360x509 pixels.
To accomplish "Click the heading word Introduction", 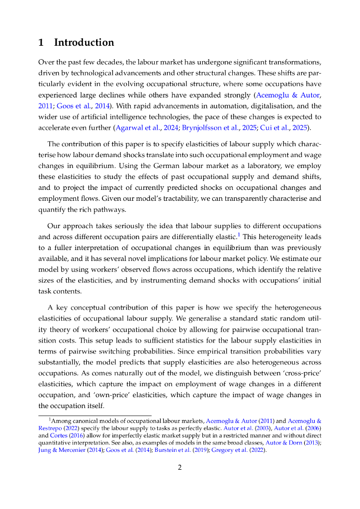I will point(84,42).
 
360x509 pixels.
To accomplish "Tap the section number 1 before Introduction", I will point(41,42).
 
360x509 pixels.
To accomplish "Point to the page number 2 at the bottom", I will point(180,467).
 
